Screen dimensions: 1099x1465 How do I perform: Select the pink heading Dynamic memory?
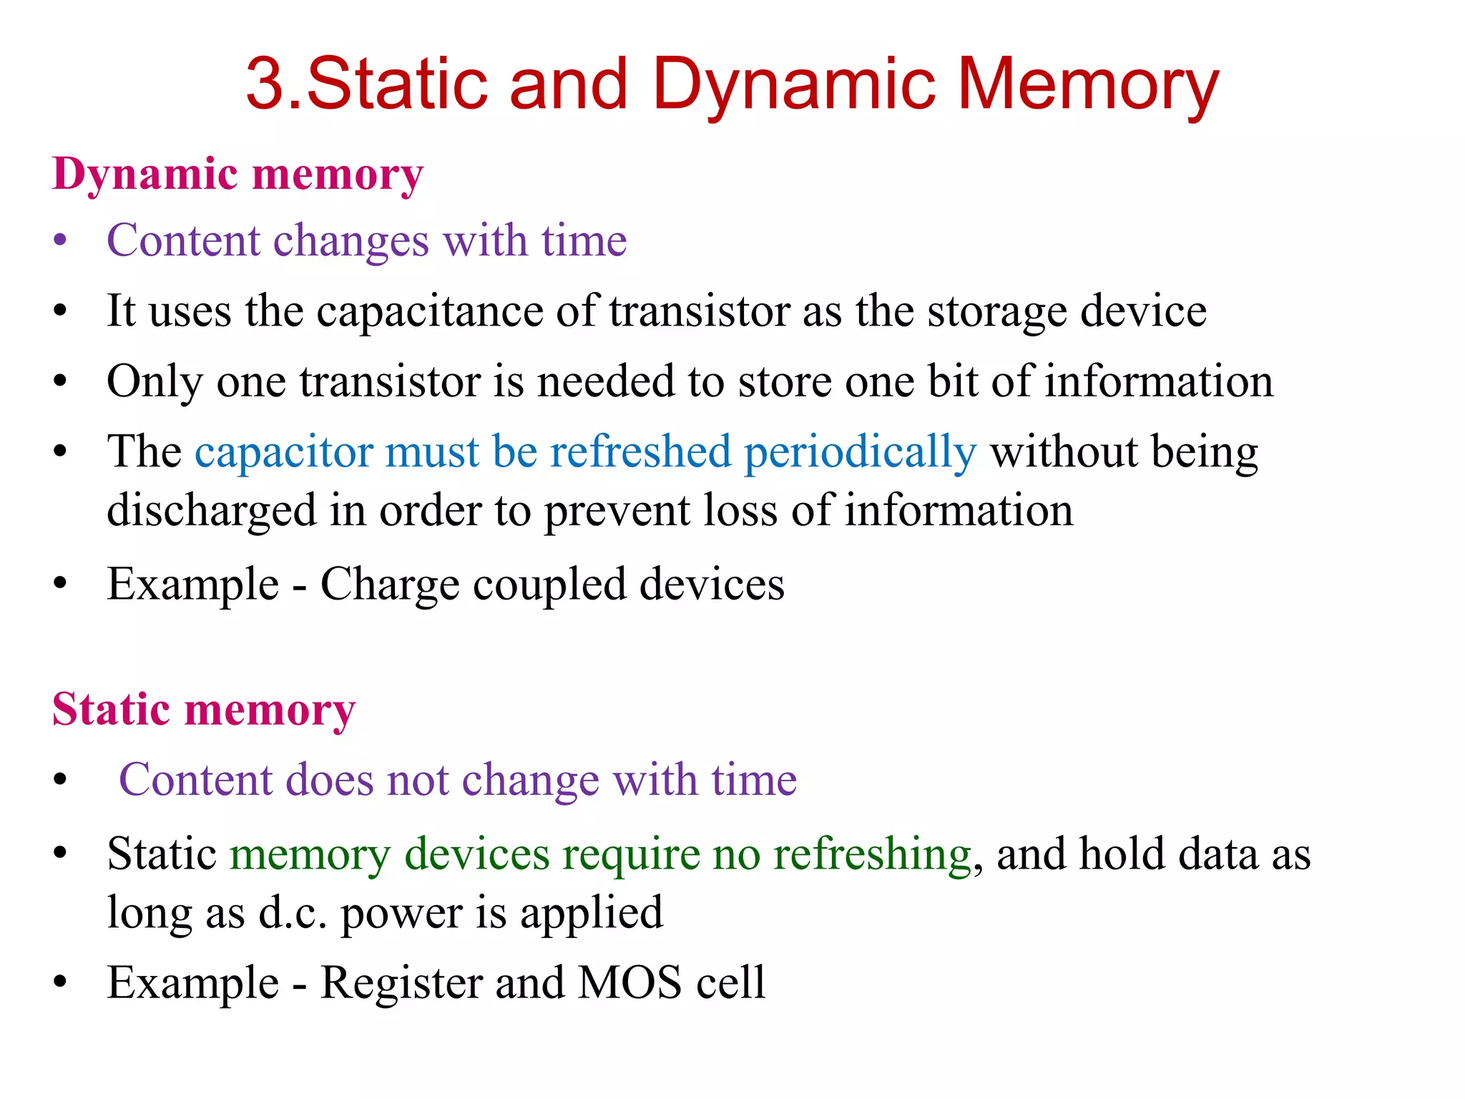[x=238, y=175]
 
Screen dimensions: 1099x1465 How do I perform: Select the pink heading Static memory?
[x=204, y=710]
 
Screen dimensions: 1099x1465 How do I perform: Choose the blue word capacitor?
[x=283, y=453]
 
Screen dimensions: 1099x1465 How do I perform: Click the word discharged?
[x=211, y=512]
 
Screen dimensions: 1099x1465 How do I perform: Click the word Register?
[x=401, y=983]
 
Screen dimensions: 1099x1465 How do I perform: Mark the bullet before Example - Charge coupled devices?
[x=60, y=585]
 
